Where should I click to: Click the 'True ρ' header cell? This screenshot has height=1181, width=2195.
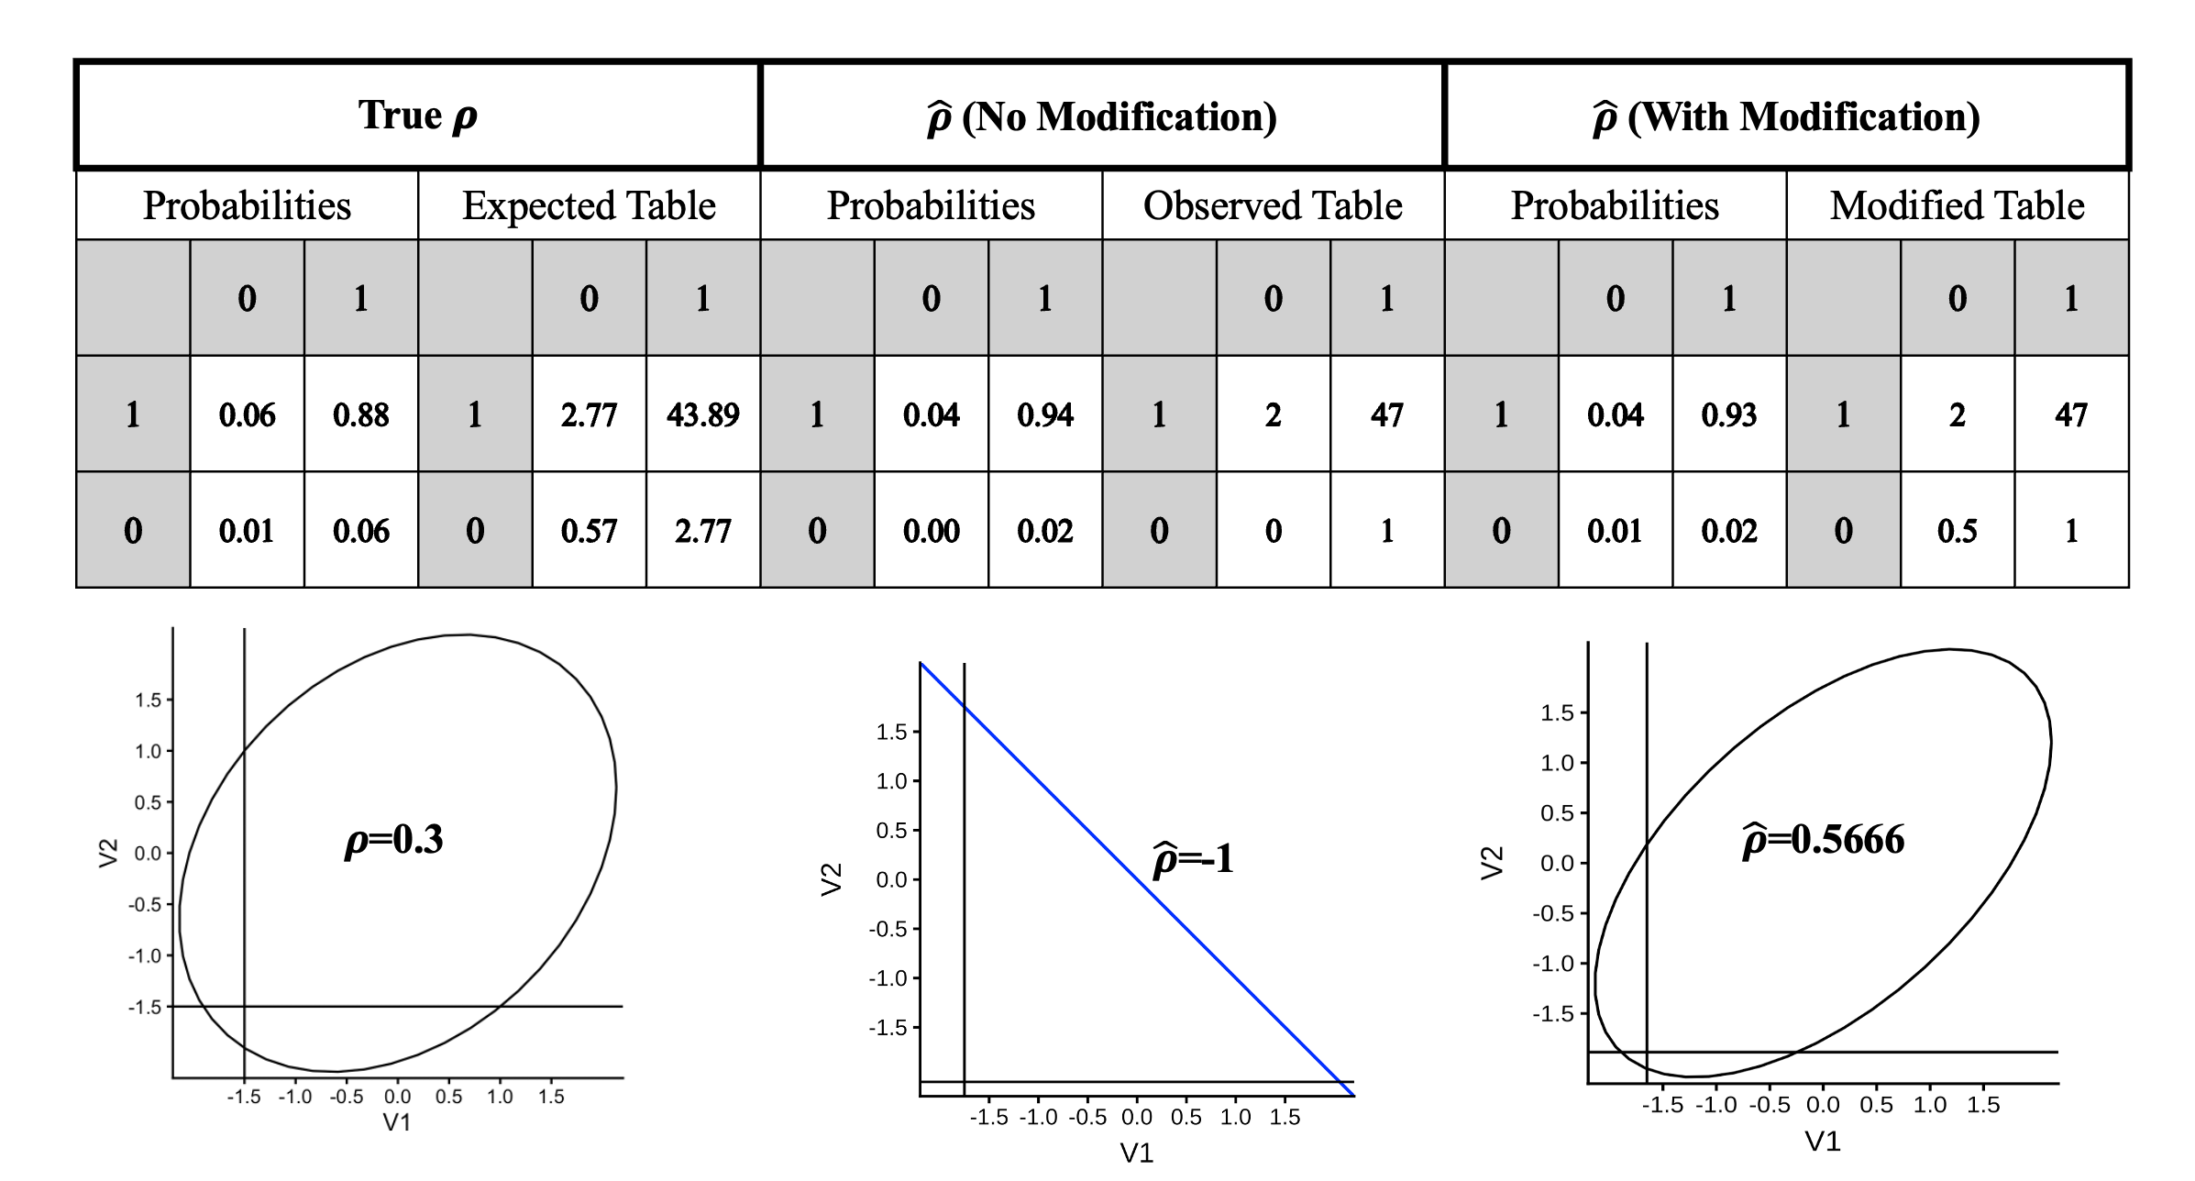click(x=418, y=116)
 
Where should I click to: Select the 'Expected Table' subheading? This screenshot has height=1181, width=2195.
click(x=589, y=205)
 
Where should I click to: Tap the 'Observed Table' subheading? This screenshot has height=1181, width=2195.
click(x=1273, y=205)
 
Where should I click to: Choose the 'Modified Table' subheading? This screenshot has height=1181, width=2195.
click(x=1957, y=205)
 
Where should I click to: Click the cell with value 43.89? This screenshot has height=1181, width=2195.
click(x=702, y=414)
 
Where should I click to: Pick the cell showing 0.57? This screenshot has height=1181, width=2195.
click(x=589, y=531)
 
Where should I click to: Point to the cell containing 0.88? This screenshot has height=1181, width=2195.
click(x=360, y=414)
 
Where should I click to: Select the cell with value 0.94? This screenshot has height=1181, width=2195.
click(x=1044, y=414)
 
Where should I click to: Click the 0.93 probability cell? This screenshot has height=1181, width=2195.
click(x=1728, y=414)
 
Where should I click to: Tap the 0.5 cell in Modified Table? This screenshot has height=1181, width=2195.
click(x=1957, y=531)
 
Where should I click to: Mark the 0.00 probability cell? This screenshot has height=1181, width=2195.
click(x=931, y=531)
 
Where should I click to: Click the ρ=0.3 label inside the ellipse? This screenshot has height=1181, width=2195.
click(x=393, y=840)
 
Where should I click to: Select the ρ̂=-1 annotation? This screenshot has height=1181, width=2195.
click(x=1193, y=859)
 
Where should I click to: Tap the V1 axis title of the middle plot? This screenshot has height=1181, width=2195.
click(x=1137, y=1153)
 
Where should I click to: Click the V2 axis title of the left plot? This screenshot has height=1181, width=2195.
click(x=109, y=853)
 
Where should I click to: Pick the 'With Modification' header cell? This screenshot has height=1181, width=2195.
click(x=1786, y=116)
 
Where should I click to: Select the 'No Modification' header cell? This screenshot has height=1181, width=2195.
click(x=1102, y=116)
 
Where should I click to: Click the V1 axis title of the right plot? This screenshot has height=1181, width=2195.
click(x=1823, y=1141)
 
